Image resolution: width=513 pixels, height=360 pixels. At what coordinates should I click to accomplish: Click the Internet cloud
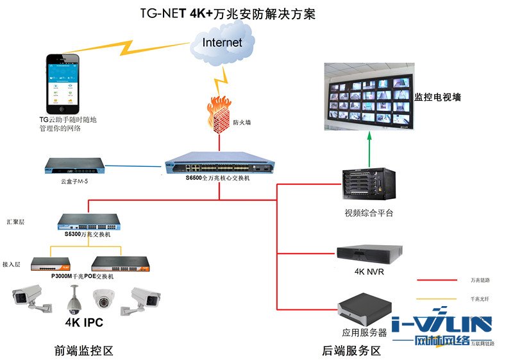222,42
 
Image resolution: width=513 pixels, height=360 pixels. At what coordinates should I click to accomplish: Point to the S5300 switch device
88,222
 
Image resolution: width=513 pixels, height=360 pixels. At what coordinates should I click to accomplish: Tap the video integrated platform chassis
368,183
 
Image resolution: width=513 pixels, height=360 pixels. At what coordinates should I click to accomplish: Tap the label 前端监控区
83,351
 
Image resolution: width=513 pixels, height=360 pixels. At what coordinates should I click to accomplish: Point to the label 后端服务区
351,351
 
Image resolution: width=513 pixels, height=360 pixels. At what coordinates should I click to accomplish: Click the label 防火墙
242,122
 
